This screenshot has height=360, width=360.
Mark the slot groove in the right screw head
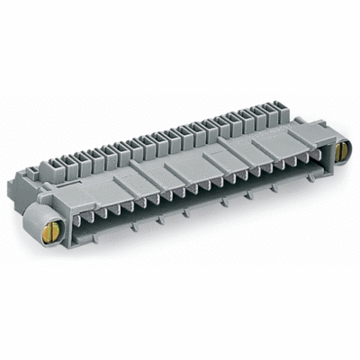[341, 153]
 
